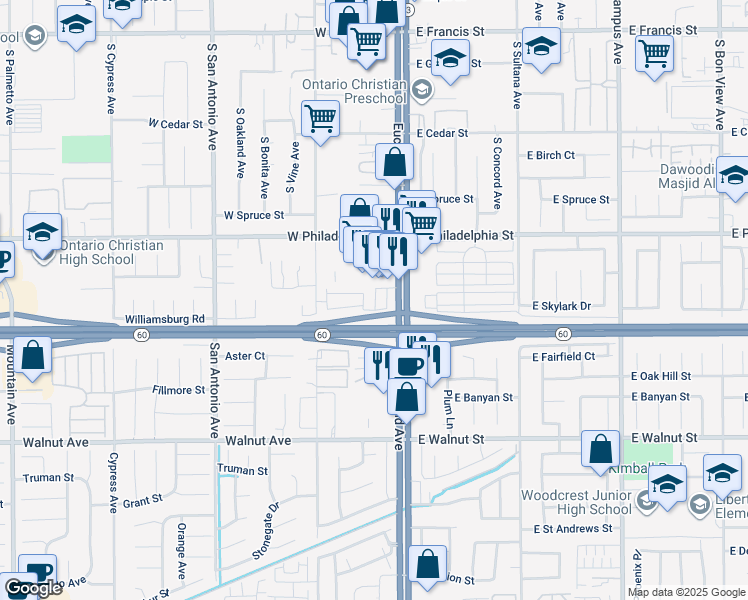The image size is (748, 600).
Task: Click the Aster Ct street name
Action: tap(244, 355)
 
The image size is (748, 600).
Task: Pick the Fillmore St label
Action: tap(176, 390)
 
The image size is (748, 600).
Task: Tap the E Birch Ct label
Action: tap(551, 156)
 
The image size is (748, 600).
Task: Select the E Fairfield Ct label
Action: tap(564, 356)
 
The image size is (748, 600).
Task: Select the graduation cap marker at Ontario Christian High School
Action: tap(43, 233)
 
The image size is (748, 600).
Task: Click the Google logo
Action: tap(33, 588)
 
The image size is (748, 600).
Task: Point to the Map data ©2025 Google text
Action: tap(686, 592)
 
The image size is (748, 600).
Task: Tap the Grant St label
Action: tap(142, 500)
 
